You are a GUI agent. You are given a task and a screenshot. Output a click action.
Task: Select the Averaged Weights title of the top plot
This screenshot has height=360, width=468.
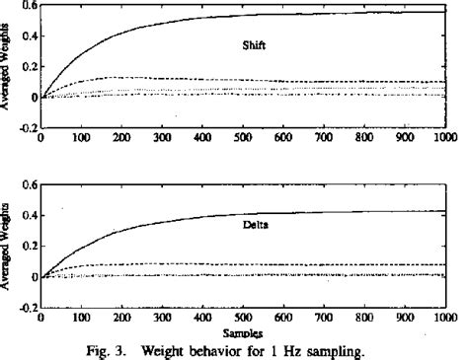8,68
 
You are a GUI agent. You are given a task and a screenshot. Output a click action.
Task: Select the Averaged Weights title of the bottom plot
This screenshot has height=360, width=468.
8,247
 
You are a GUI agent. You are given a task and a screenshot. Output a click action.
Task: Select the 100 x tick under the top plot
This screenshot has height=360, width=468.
81,138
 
